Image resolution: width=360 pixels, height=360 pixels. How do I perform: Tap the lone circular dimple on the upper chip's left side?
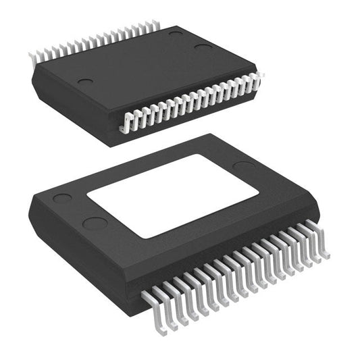click(85, 82)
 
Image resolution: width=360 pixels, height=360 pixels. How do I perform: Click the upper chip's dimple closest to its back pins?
click(176, 33)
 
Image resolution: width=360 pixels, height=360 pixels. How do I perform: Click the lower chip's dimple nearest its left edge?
click(62, 199)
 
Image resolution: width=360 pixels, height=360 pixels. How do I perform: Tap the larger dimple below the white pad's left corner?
click(94, 224)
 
